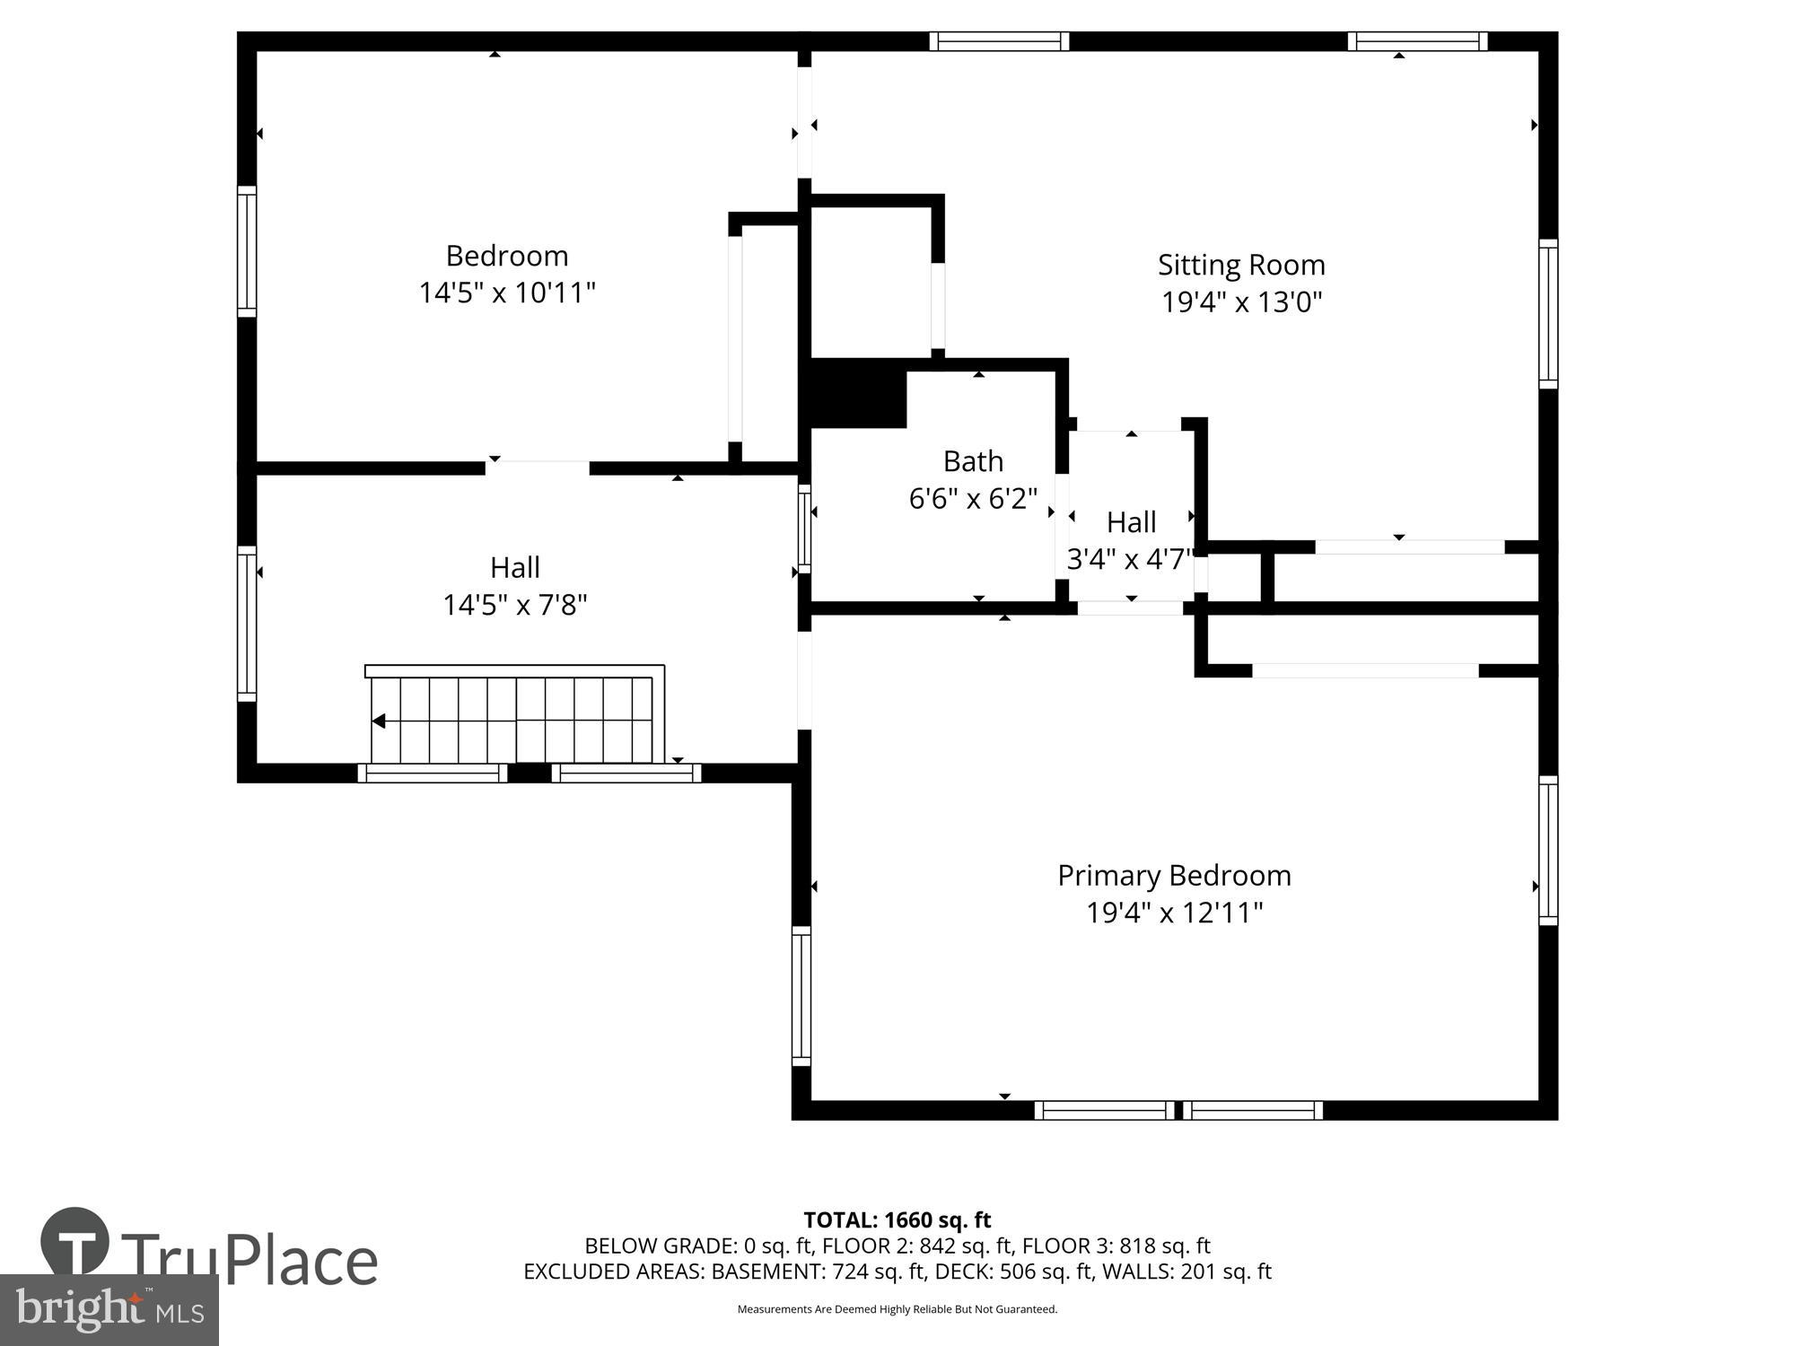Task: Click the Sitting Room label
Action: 1241,265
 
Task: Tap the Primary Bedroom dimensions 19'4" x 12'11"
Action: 1174,913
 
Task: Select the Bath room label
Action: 973,461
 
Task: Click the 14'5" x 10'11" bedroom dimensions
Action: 507,293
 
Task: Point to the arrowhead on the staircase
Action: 379,721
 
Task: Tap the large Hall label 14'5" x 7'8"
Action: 515,586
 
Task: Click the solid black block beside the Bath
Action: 857,393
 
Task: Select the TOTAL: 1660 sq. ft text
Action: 897,1219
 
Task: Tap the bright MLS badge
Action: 109,1310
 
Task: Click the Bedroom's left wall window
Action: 247,251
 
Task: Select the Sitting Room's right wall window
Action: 1548,313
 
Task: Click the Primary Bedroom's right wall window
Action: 1548,850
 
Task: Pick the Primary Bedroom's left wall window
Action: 801,996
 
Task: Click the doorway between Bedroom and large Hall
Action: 538,467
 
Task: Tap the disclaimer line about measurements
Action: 897,1309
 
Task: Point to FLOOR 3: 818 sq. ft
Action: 1116,1245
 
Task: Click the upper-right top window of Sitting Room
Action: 1417,41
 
